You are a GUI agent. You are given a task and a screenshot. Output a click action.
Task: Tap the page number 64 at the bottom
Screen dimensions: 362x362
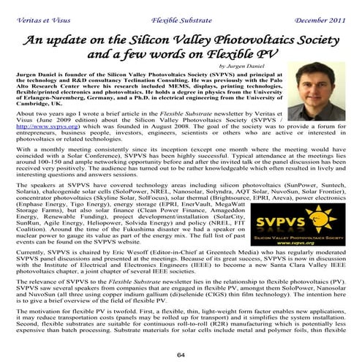coord(181,354)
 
